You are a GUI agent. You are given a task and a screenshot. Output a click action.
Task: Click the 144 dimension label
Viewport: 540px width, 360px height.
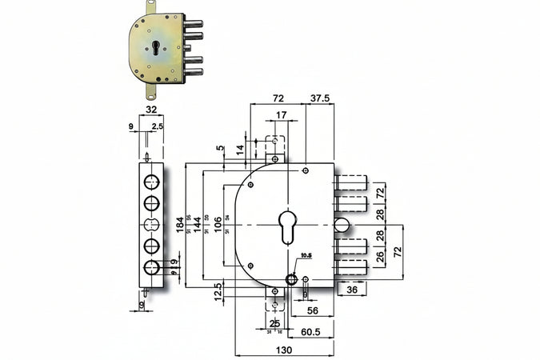[x=197, y=225]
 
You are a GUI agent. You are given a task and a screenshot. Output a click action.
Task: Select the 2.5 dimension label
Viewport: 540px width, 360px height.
[x=158, y=126]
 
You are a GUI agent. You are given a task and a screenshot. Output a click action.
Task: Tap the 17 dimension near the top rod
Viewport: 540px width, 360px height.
[x=280, y=115]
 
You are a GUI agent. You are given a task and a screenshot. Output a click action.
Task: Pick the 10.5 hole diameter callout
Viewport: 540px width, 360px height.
[x=304, y=257]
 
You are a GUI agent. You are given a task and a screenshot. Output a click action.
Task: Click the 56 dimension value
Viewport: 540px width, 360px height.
[x=313, y=310]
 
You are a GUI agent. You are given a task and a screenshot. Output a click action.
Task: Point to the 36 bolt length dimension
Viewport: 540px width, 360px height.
[x=351, y=291]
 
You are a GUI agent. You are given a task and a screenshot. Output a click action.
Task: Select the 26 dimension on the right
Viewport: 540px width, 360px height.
[x=379, y=257]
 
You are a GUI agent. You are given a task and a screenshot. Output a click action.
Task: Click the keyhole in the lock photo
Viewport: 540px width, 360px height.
[x=152, y=46]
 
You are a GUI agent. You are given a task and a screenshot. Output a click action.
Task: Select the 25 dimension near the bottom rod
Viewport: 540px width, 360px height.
[x=275, y=323]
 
